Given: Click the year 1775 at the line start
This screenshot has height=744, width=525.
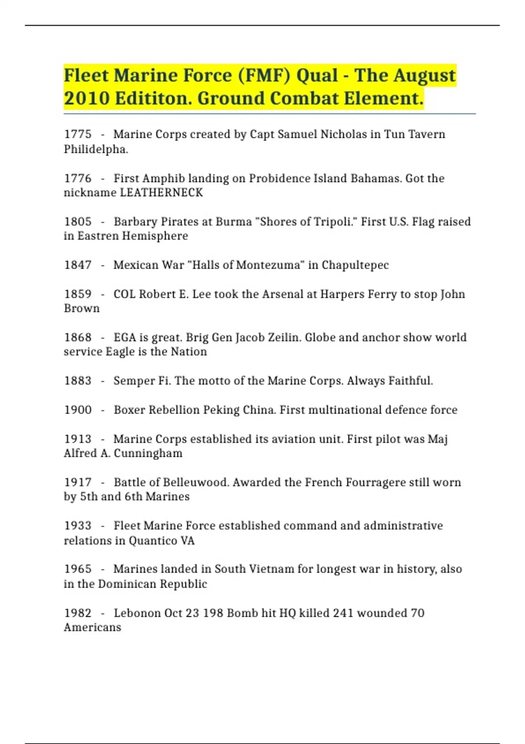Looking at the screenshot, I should [78, 134].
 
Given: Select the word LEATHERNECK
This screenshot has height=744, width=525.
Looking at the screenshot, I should [161, 193].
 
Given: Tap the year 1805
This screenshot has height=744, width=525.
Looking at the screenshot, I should [78, 221].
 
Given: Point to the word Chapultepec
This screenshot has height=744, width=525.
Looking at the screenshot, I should [355, 265].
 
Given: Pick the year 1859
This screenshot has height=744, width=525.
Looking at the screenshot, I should [78, 294].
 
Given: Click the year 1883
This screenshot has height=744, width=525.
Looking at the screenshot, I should [78, 381].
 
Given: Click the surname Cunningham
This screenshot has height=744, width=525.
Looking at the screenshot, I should [148, 453].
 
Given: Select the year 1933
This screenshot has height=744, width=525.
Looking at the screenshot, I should [78, 526].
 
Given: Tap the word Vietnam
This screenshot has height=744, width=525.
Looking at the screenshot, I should [272, 569].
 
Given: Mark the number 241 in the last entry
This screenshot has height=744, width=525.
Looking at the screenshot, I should [343, 613].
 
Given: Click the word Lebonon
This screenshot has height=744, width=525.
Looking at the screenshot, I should [137, 613].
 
